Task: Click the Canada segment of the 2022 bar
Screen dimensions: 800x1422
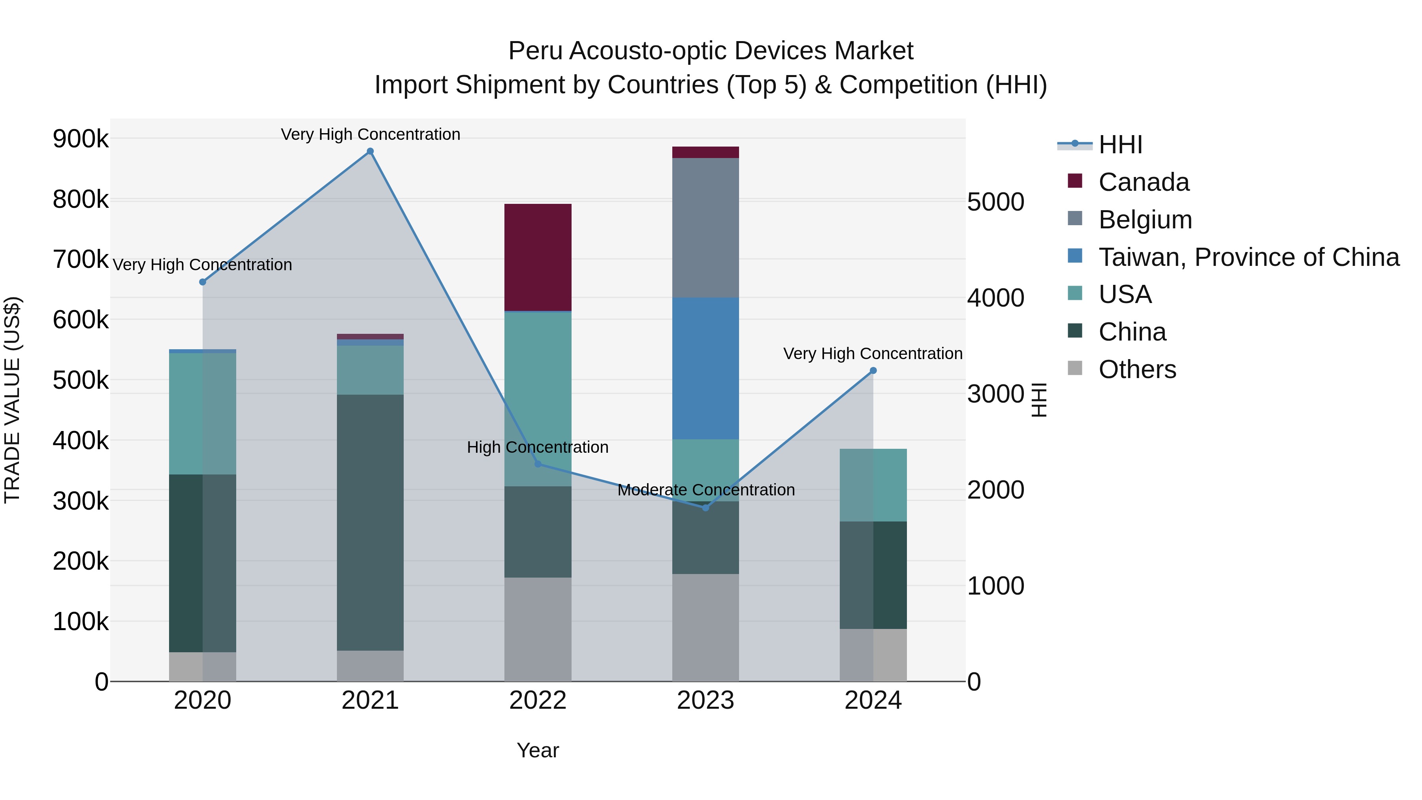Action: (538, 257)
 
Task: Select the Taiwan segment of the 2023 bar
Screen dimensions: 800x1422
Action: (705, 368)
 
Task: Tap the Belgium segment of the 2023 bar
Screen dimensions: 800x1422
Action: (705, 228)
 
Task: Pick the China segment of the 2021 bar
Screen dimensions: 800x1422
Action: (370, 522)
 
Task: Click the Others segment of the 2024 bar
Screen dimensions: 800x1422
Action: (873, 655)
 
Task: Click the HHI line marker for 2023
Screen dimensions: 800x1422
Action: (705, 507)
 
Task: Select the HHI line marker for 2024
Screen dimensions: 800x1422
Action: (873, 371)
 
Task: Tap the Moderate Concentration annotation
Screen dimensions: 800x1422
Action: (705, 490)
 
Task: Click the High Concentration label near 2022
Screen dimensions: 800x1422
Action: (538, 447)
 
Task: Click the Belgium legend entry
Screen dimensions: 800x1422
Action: (1145, 220)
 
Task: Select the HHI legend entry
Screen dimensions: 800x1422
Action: (1120, 145)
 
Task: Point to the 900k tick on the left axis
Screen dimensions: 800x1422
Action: (81, 139)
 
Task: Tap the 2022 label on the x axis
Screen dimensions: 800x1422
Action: (538, 700)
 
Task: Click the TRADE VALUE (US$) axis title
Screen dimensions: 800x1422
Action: (13, 400)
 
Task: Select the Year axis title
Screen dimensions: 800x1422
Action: (538, 750)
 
